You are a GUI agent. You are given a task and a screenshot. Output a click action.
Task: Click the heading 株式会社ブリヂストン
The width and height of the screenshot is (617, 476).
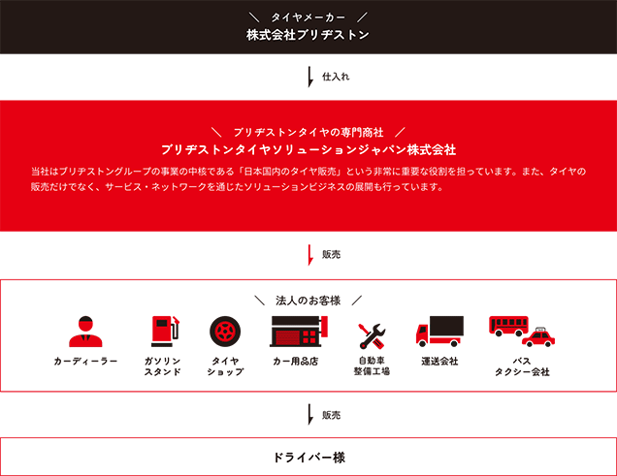pyautogui.click(x=308, y=35)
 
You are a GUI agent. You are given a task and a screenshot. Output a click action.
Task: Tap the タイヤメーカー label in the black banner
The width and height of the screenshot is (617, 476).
pyautogui.click(x=308, y=17)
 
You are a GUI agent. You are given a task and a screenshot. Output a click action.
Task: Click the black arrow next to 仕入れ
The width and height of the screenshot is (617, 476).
pyautogui.click(x=310, y=77)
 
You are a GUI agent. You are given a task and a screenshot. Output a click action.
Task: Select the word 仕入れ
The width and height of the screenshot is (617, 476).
pyautogui.click(x=336, y=77)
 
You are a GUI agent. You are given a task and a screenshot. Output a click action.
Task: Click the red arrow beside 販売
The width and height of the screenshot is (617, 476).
pyautogui.click(x=310, y=255)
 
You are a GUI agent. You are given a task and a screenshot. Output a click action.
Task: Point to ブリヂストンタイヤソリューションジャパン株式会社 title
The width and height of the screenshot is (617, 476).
pyautogui.click(x=308, y=149)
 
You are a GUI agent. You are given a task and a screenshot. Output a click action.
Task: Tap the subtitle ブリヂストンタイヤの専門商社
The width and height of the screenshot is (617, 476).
pyautogui.click(x=308, y=133)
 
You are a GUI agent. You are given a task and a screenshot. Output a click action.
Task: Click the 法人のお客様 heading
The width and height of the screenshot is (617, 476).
pyautogui.click(x=308, y=301)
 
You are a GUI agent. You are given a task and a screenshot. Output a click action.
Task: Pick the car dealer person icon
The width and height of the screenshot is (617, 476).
pyautogui.click(x=85, y=332)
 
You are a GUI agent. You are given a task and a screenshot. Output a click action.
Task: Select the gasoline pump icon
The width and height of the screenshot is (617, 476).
pyautogui.click(x=165, y=331)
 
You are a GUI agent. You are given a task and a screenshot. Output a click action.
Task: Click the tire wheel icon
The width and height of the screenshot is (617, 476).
pyautogui.click(x=225, y=332)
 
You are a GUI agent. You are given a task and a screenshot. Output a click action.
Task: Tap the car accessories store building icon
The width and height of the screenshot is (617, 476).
pyautogui.click(x=299, y=332)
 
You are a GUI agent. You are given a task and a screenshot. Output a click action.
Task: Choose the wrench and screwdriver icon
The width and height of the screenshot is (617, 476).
pyautogui.click(x=372, y=336)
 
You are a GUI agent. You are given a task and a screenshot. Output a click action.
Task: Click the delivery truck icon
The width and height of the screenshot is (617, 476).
pyautogui.click(x=439, y=331)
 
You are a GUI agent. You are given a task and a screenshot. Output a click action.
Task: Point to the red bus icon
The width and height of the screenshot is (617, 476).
pyautogui.click(x=508, y=327)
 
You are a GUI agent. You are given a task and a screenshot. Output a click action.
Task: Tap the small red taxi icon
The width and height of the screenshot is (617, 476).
pyautogui.click(x=538, y=337)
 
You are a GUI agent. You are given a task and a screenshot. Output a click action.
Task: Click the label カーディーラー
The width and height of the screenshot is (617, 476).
pyautogui.click(x=85, y=362)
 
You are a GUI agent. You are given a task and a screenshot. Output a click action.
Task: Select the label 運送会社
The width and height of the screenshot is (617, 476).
pyautogui.click(x=439, y=362)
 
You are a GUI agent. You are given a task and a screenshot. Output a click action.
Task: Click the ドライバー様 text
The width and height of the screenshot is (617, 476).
pyautogui.click(x=308, y=458)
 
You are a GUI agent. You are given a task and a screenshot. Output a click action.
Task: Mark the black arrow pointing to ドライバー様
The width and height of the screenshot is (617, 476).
pyautogui.click(x=310, y=414)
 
